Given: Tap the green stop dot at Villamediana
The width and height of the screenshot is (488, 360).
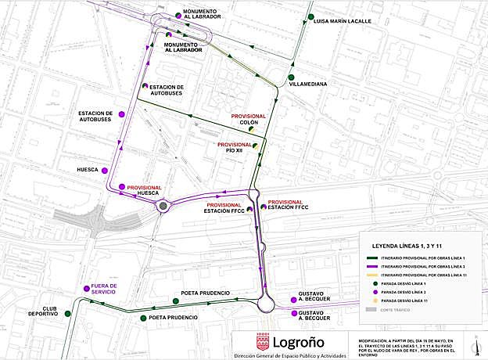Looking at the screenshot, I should pos(290,77).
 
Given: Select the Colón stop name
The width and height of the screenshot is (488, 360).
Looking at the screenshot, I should pos(249,123).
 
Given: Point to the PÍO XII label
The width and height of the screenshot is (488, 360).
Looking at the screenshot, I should pos(235,151).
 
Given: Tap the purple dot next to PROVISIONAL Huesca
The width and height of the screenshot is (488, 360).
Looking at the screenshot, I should pos(122,187).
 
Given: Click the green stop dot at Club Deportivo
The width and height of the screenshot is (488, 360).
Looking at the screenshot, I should pos(67,314).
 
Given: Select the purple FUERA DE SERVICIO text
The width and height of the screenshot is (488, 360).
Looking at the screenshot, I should pos(103,290).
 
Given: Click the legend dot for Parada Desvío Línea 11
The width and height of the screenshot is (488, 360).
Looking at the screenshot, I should pos(372,301).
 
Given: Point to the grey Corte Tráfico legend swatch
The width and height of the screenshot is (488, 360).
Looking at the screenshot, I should pos(372,310).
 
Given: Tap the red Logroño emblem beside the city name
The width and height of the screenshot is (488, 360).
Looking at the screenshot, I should pos(263,342).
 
